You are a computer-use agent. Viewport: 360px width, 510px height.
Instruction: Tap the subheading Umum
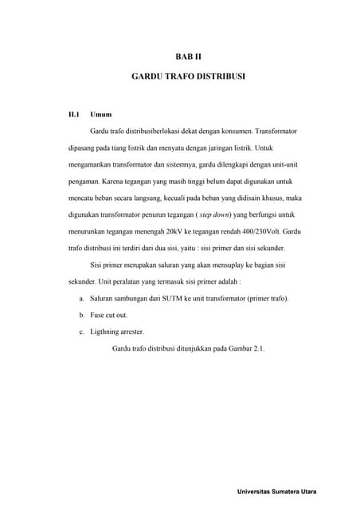click(101, 115)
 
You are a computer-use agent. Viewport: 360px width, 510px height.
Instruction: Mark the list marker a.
click(82, 298)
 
